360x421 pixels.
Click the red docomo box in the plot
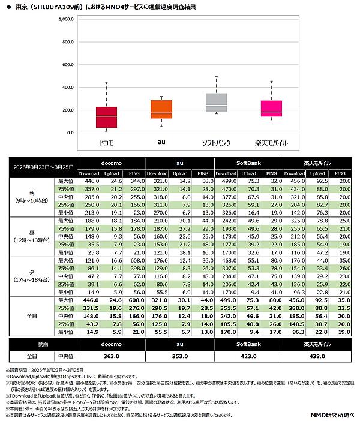coord(106,117)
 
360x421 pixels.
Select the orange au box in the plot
coord(161,109)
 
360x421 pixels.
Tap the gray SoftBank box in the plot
coord(216,102)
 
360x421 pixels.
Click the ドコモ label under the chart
coord(106,143)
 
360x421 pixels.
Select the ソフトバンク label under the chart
coord(216,143)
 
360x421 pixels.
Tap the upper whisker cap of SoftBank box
coord(216,77)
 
